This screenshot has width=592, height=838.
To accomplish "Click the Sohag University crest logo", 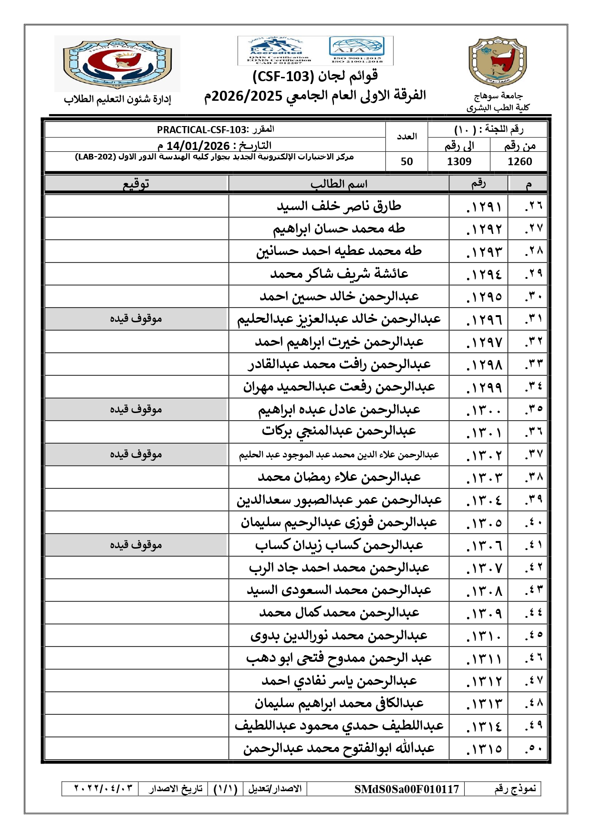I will (498, 62).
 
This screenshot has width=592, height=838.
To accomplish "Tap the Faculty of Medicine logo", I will (117, 64).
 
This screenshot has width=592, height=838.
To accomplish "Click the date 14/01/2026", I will (198, 146).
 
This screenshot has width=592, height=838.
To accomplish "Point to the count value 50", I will (406, 162).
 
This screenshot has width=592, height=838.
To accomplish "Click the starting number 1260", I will (519, 162).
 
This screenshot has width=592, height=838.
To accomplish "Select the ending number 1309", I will (459, 162).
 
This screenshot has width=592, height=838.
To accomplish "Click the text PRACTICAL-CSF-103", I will (202, 130).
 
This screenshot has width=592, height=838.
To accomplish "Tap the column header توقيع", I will (136, 184).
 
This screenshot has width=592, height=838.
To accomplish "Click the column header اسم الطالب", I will (339, 184).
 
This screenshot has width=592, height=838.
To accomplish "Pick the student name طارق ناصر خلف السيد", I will (339, 206).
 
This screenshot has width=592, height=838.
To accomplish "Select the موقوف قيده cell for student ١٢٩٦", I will (136, 319).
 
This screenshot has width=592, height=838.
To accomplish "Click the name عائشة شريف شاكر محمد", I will (339, 274).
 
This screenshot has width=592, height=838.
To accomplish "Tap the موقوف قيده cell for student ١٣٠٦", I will (136, 545).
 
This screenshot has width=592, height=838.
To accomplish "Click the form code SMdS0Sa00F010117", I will (406, 789).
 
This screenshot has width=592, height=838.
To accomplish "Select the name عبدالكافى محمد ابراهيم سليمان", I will (339, 704).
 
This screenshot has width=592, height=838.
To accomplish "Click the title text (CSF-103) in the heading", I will (276, 76).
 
